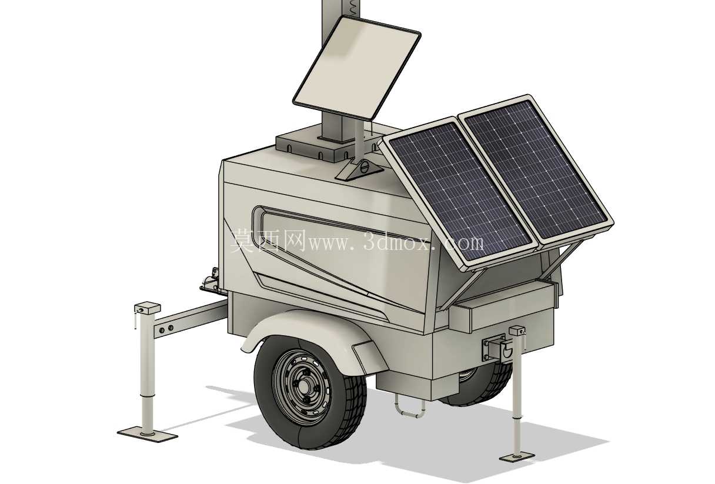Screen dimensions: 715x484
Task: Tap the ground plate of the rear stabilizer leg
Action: pyautogui.click(x=517, y=457)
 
